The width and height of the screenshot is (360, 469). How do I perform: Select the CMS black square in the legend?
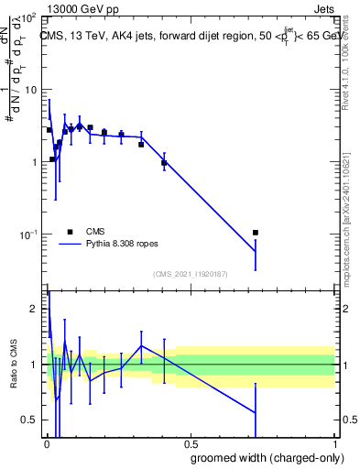pos(70,232)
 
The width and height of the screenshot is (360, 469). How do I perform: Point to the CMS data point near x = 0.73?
pos(256,233)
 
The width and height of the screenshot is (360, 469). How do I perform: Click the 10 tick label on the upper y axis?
pos(31,91)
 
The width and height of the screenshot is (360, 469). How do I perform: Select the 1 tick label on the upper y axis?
pos(35,163)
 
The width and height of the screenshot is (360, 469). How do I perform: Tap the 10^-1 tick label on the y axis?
pos(28,235)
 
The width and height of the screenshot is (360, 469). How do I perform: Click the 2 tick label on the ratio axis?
pos(35,310)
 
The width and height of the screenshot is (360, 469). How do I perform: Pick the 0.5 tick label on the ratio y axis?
pos(30,420)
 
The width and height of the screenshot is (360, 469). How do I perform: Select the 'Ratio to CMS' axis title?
pos(13,365)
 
